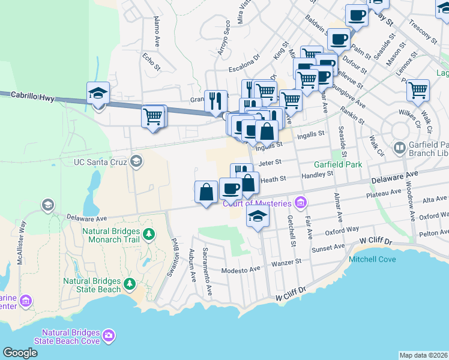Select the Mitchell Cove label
[373, 260]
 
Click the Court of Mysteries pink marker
[301, 202]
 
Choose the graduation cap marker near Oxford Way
[258, 218]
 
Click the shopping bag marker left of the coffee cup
[206, 192]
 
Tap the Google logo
[20, 353]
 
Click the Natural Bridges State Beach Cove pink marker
[109, 334]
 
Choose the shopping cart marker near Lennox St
[418, 91]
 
